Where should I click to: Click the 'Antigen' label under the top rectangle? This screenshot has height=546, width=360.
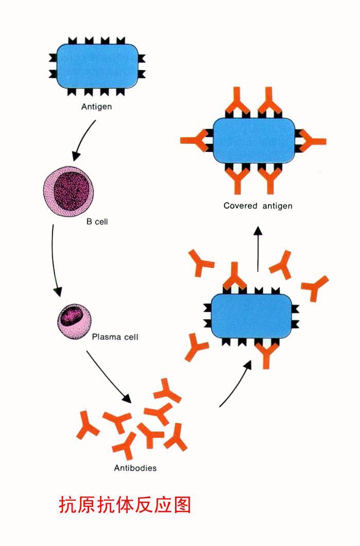(96, 106)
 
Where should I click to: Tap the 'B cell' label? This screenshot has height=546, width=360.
(97, 221)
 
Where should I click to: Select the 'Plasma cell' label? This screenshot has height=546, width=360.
(115, 337)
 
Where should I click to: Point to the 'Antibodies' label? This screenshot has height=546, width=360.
(135, 468)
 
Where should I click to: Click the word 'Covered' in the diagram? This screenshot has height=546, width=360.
(240, 206)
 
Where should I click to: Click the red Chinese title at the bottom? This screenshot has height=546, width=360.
(125, 505)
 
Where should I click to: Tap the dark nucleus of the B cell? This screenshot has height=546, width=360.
(74, 191)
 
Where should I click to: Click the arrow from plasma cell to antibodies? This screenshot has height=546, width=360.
(108, 376)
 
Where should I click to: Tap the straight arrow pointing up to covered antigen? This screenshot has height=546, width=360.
(258, 248)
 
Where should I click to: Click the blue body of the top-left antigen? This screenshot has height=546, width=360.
(97, 66)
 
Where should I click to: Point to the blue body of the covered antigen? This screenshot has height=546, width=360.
(254, 140)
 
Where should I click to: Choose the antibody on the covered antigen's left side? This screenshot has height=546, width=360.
(196, 141)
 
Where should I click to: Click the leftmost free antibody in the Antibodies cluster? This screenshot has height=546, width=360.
(87, 425)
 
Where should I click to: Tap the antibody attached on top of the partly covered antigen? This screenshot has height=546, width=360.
(234, 277)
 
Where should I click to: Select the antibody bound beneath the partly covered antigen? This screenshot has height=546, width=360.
(267, 354)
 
